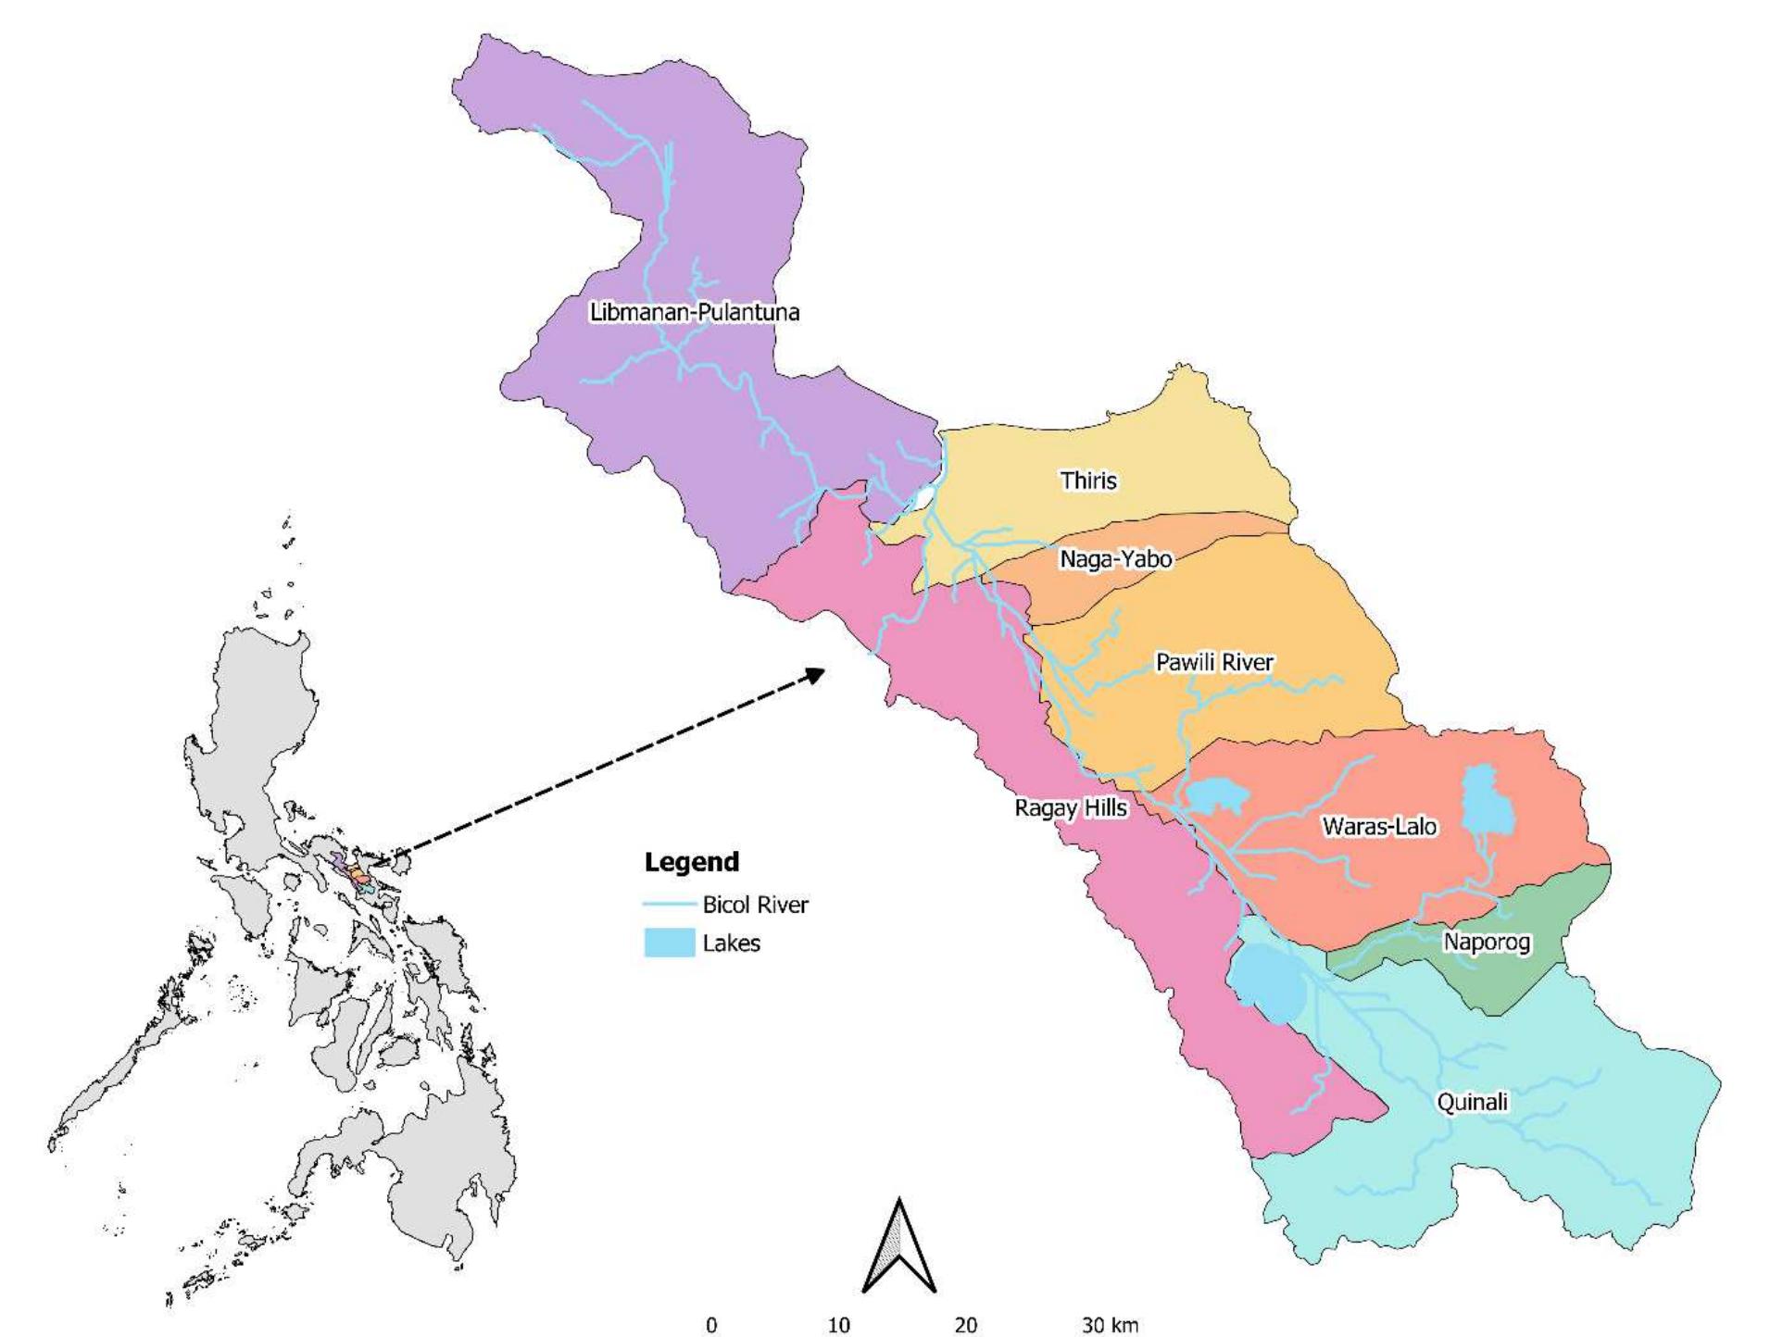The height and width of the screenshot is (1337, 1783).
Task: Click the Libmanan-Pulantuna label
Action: tap(694, 312)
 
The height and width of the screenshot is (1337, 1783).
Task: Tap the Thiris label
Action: tap(1088, 481)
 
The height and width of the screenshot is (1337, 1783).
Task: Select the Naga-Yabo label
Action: tap(1115, 559)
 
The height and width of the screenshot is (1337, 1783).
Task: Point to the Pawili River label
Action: tap(1214, 662)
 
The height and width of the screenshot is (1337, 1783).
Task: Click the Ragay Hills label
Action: tap(1071, 808)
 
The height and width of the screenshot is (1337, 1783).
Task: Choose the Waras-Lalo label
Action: tap(1379, 826)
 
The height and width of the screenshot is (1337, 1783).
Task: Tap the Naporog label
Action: tap(1487, 943)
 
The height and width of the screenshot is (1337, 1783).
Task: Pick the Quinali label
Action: tap(1472, 1102)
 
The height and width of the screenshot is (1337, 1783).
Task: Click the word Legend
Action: tap(692, 862)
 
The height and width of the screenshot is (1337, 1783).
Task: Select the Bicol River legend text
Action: tap(755, 905)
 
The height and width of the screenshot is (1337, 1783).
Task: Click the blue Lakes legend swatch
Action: tap(670, 943)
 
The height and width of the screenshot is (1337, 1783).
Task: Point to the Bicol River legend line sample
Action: tap(670, 905)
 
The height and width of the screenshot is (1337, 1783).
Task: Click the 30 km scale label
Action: tap(1110, 1325)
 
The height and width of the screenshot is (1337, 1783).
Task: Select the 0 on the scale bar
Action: tap(711, 1325)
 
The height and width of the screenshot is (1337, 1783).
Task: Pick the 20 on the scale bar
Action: tap(965, 1325)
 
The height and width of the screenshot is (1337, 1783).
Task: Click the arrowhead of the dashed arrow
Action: tap(816, 673)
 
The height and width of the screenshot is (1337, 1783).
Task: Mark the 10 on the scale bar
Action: tap(838, 1325)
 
